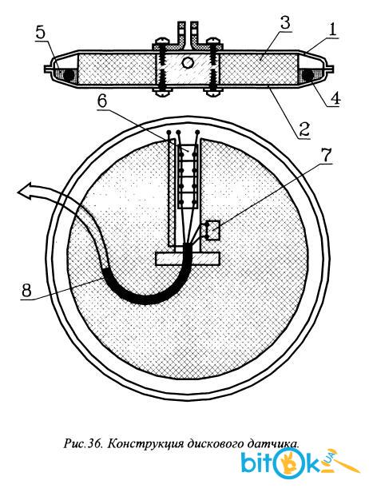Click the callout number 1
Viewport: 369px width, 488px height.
pos(332,30)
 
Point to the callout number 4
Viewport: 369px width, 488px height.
pos(335,98)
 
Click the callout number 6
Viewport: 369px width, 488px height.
pos(102,101)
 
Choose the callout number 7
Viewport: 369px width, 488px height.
pos(325,156)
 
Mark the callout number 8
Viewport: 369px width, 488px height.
pos(26,291)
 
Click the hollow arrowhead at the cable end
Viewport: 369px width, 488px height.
pos(26,190)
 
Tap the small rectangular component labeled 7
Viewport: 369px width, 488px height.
pos(213,230)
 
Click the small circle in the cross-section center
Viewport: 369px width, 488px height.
pos(188,63)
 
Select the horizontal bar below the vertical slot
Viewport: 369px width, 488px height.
pos(188,259)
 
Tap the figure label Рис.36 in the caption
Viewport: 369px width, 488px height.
pos(83,442)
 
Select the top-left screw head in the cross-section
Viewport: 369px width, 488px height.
pos(162,41)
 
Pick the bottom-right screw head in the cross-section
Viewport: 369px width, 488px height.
pos(213,92)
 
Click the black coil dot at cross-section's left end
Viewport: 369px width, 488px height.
pos(68,75)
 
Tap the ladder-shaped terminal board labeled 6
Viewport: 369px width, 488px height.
pos(188,177)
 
